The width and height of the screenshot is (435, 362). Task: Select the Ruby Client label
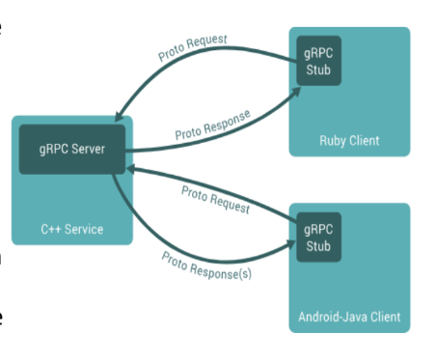click(349, 141)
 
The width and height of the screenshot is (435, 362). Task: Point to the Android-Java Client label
click(349, 317)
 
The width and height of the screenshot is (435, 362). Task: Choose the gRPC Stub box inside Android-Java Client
click(317, 237)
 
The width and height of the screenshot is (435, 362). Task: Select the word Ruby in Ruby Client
click(333, 141)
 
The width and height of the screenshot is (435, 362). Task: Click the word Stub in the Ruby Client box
click(317, 70)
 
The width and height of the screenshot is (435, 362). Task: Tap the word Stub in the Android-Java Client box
click(317, 245)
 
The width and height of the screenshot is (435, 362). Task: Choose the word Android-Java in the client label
click(334, 317)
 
